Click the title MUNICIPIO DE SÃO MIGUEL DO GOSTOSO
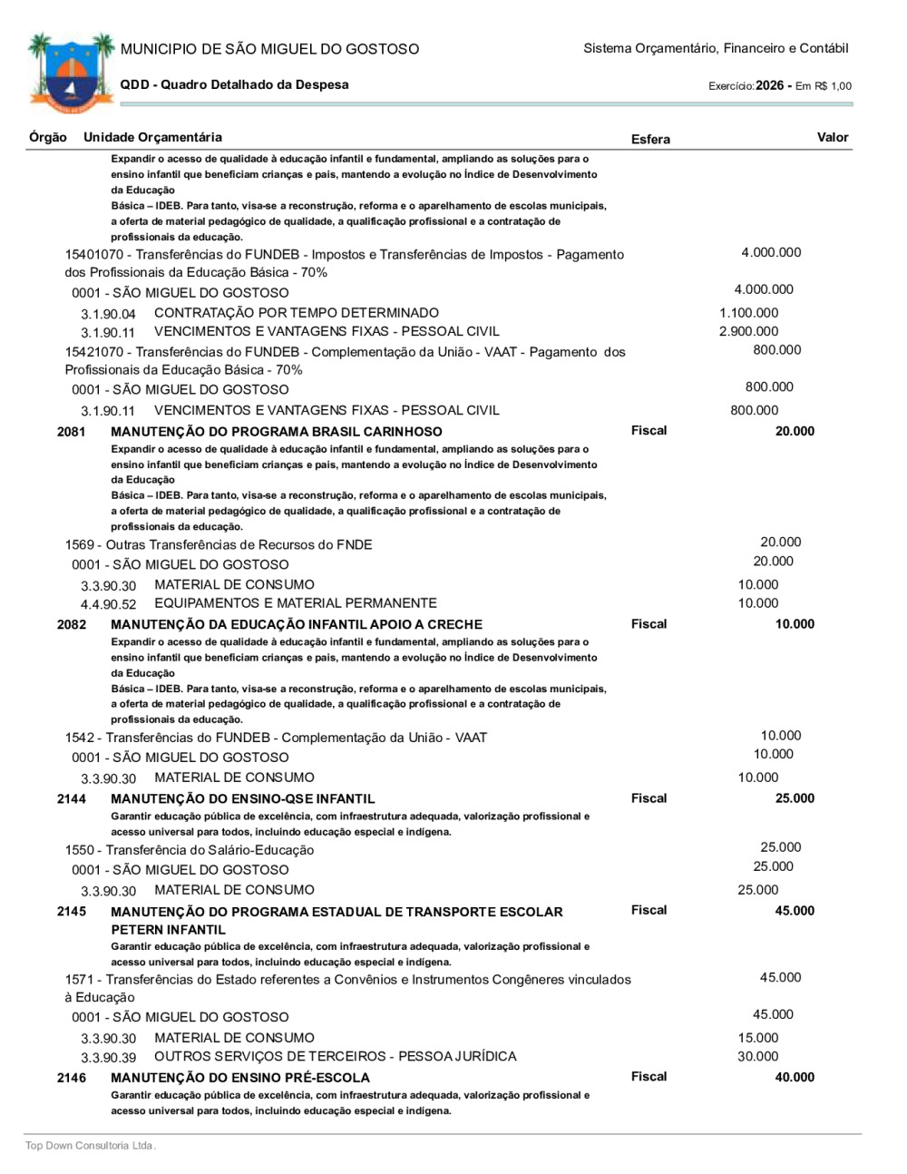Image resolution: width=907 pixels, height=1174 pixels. (269, 49)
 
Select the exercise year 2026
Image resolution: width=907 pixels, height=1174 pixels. (769, 85)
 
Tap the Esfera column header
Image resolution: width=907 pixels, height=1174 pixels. (650, 140)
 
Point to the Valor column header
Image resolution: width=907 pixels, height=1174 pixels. (832, 138)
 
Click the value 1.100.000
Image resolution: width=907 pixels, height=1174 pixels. (748, 313)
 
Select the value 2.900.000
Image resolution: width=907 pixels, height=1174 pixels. (748, 331)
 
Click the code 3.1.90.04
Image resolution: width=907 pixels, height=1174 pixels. (108, 314)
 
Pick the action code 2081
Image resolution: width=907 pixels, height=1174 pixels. (72, 432)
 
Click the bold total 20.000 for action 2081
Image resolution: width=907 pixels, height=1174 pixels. (795, 432)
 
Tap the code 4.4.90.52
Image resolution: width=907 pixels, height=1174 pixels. (108, 604)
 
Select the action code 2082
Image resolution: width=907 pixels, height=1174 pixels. (72, 624)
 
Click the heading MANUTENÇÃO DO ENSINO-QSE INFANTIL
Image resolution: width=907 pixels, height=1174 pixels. (242, 799)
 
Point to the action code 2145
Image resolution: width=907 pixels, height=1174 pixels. (72, 911)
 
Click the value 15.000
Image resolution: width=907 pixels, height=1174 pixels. (757, 1038)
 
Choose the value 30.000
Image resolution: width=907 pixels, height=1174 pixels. (757, 1057)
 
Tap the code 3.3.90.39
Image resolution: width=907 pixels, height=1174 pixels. (108, 1058)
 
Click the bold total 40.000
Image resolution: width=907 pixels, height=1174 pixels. (795, 1078)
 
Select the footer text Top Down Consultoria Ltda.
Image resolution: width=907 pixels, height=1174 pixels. (91, 1146)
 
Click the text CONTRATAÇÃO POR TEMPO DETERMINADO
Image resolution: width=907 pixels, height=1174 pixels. (297, 313)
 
